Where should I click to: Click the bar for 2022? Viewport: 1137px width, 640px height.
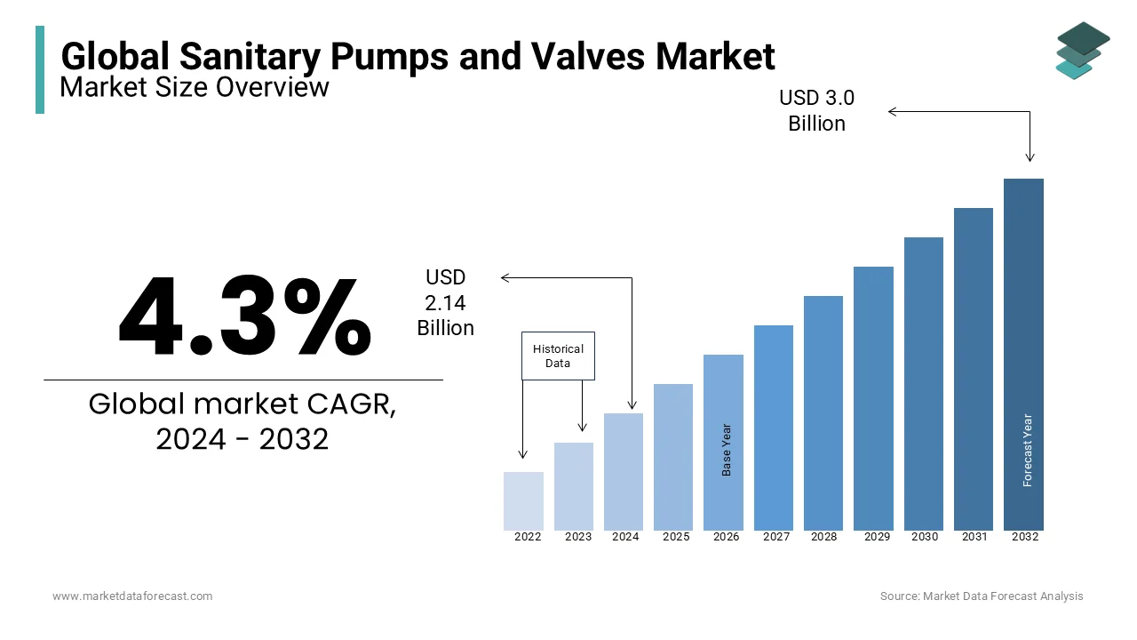[523, 500]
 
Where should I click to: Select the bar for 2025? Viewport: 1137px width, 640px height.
[673, 457]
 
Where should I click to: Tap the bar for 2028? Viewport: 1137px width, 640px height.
[823, 412]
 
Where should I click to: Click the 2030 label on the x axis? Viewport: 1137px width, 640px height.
[924, 537]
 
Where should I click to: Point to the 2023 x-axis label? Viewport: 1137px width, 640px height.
[578, 537]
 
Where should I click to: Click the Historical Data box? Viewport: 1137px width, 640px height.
[558, 356]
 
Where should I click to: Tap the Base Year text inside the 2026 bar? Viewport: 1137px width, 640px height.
[727, 450]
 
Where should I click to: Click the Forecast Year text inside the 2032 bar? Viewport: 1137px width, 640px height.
[1028, 450]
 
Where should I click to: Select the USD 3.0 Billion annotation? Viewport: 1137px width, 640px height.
[816, 110]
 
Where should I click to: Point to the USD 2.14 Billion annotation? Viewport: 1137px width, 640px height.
[445, 303]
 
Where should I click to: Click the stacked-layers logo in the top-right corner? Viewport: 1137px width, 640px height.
[1082, 51]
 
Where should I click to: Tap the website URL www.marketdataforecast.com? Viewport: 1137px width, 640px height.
[132, 596]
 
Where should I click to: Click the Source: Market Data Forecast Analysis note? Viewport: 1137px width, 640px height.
[982, 596]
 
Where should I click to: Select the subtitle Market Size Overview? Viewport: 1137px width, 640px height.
[195, 87]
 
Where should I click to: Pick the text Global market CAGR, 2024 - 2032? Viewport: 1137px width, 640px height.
[243, 420]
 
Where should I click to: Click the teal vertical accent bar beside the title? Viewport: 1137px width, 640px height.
[40, 69]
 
